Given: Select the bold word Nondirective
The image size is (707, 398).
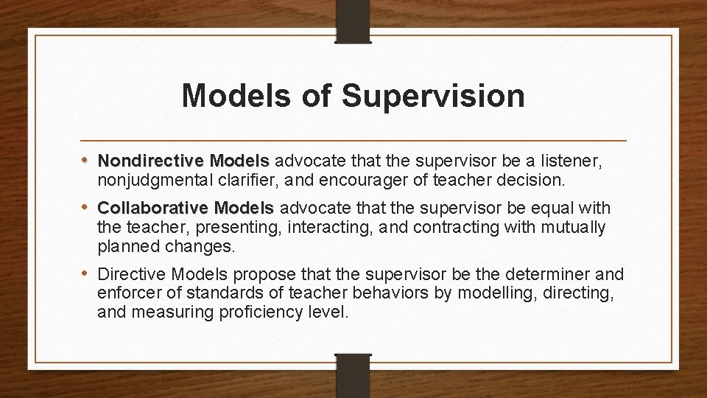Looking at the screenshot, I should coord(151,160).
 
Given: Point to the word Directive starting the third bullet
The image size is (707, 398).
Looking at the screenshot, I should coord(128,275).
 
